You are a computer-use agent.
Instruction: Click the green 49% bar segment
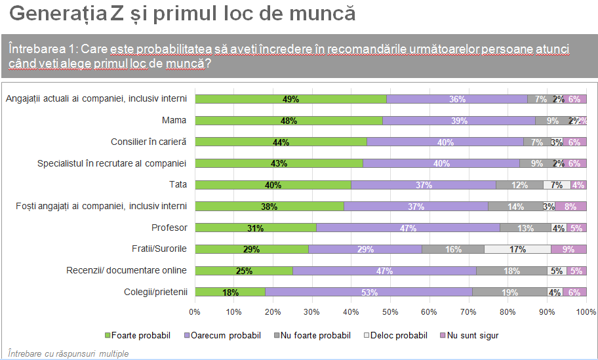(x=290, y=99)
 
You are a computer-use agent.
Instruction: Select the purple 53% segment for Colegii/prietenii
(x=369, y=292)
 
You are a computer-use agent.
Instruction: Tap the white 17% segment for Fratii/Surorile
(x=517, y=249)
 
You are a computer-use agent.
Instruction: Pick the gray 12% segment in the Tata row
(x=519, y=185)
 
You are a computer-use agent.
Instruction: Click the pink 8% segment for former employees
(x=570, y=206)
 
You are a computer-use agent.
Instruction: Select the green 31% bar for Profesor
(x=255, y=228)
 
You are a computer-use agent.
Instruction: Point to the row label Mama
(x=174, y=121)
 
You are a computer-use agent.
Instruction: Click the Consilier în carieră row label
(x=149, y=142)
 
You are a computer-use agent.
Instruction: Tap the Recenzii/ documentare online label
(x=127, y=270)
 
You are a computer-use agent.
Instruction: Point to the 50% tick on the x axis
(x=390, y=311)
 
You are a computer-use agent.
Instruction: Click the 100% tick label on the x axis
(x=585, y=311)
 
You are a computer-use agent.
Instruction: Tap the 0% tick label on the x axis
(x=195, y=311)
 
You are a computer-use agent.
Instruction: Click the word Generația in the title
(x=53, y=14)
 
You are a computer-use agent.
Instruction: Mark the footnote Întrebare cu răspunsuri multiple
(x=68, y=353)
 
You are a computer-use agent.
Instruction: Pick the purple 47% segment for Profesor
(x=409, y=228)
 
